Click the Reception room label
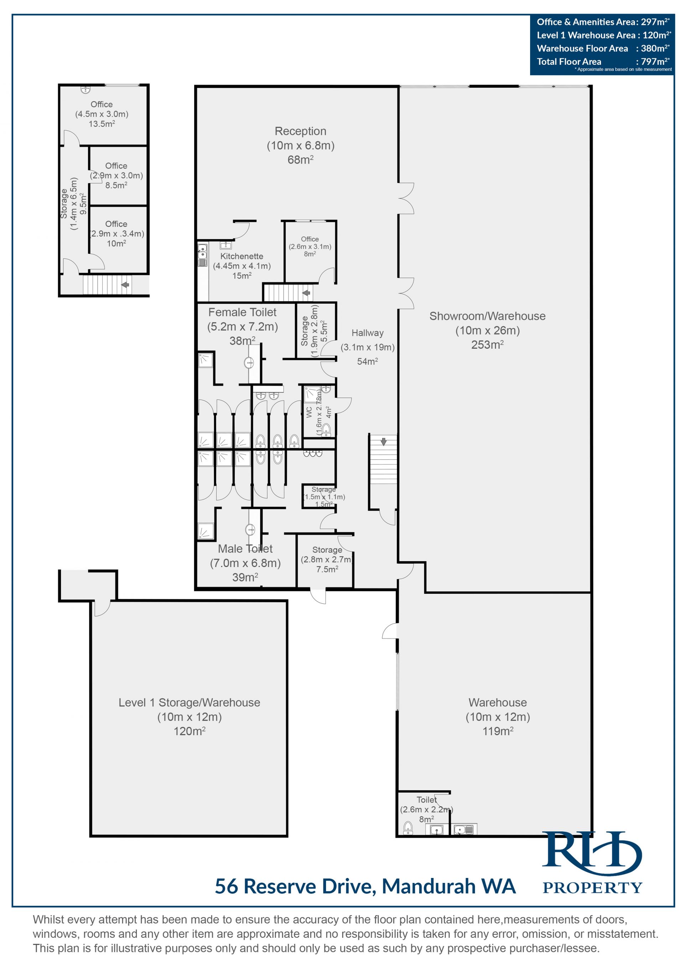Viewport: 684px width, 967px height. coord(300,131)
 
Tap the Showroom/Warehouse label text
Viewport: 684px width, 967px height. coord(487,316)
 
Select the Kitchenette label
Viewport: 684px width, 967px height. coord(242,256)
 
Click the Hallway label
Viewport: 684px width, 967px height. coord(368,333)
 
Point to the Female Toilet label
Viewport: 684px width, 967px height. coord(243,312)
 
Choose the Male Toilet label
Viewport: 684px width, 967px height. coord(245,549)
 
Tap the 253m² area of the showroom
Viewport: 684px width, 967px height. coord(487,344)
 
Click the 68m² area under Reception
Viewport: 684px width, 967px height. coord(300,160)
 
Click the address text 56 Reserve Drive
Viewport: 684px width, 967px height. coord(295,886)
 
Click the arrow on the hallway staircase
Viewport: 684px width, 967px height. coord(384,441)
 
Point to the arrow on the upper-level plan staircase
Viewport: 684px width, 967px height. coord(125,285)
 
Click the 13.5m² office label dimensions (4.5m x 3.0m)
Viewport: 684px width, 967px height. coord(102,114)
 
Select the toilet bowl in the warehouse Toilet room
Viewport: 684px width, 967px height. coord(408,828)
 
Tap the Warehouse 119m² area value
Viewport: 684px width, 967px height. coord(498,731)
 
